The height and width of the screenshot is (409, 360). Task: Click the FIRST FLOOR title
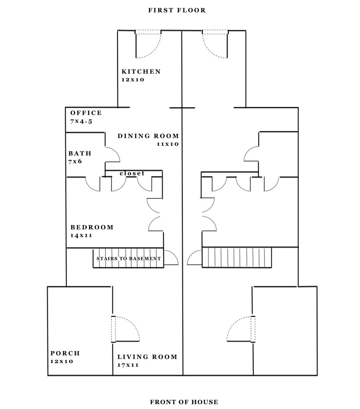coord(177,10)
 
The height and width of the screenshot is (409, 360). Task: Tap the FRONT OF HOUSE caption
coord(184,402)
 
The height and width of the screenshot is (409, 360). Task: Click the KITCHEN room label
coord(141,71)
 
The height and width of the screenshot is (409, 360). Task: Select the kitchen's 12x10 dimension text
coord(133,80)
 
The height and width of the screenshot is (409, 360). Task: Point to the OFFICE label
coord(86,113)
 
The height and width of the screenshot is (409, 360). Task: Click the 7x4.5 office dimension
coord(82,121)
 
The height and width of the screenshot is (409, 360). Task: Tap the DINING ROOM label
coord(148,136)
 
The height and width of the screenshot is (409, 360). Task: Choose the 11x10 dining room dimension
coord(168,144)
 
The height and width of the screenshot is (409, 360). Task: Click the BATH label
coord(80,153)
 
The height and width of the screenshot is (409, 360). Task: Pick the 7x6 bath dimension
coord(75,161)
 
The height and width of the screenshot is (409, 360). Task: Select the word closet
coord(132,173)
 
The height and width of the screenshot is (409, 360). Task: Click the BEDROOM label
coord(92,227)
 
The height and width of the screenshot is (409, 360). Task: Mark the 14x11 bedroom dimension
coord(82,236)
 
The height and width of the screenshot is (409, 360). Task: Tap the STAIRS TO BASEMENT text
coord(129,258)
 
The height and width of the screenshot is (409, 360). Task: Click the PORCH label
coord(65,353)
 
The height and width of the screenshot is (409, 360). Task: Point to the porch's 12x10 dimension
coord(62,361)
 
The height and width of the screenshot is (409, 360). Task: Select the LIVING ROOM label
coord(147,357)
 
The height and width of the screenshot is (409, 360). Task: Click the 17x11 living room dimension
coord(128,365)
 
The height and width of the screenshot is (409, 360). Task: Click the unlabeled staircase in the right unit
coord(237,258)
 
